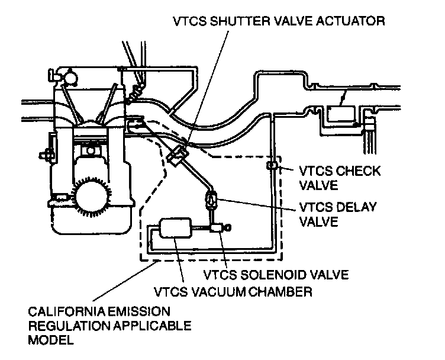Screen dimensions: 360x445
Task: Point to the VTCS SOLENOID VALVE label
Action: coord(276,274)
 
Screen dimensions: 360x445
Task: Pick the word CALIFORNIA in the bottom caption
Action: coord(62,311)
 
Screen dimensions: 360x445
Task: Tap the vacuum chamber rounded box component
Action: coord(175,228)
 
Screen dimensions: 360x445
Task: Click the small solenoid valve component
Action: coord(216,227)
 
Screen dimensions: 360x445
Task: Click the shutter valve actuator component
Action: coord(178,153)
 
